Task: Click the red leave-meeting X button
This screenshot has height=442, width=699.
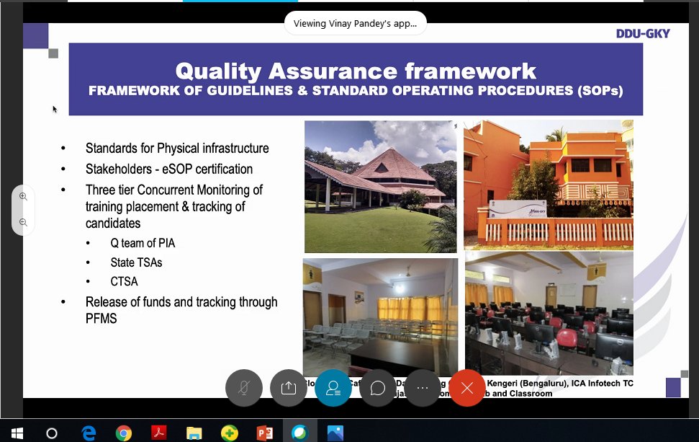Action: pyautogui.click(x=467, y=388)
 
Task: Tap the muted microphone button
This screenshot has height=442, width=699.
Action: pyautogui.click(x=243, y=388)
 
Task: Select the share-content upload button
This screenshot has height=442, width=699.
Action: pyautogui.click(x=289, y=388)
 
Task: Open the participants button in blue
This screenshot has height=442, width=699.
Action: pyautogui.click(x=333, y=388)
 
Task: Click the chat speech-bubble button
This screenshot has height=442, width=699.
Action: pyautogui.click(x=377, y=388)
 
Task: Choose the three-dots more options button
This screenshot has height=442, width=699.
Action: pyautogui.click(x=423, y=388)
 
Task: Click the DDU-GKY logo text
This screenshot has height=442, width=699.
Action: pyautogui.click(x=643, y=34)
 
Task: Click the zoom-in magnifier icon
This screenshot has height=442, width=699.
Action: pyautogui.click(x=23, y=197)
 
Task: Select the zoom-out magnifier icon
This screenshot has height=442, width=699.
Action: pyautogui.click(x=23, y=223)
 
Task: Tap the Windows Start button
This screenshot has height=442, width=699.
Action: pyautogui.click(x=17, y=433)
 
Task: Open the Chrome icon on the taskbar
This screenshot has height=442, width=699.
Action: pyautogui.click(x=124, y=433)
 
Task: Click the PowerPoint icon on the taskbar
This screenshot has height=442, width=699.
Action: pyautogui.click(x=265, y=433)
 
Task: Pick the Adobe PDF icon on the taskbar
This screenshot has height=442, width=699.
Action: pyautogui.click(x=158, y=433)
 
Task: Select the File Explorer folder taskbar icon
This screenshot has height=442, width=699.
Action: pyautogui.click(x=194, y=433)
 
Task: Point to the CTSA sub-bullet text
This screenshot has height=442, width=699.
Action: pyautogui.click(x=124, y=281)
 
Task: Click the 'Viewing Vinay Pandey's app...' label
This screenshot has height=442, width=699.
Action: pyautogui.click(x=355, y=23)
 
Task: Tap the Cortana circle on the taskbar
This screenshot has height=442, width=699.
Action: pyautogui.click(x=52, y=433)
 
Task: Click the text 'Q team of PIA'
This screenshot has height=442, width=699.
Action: pyautogui.click(x=143, y=244)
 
